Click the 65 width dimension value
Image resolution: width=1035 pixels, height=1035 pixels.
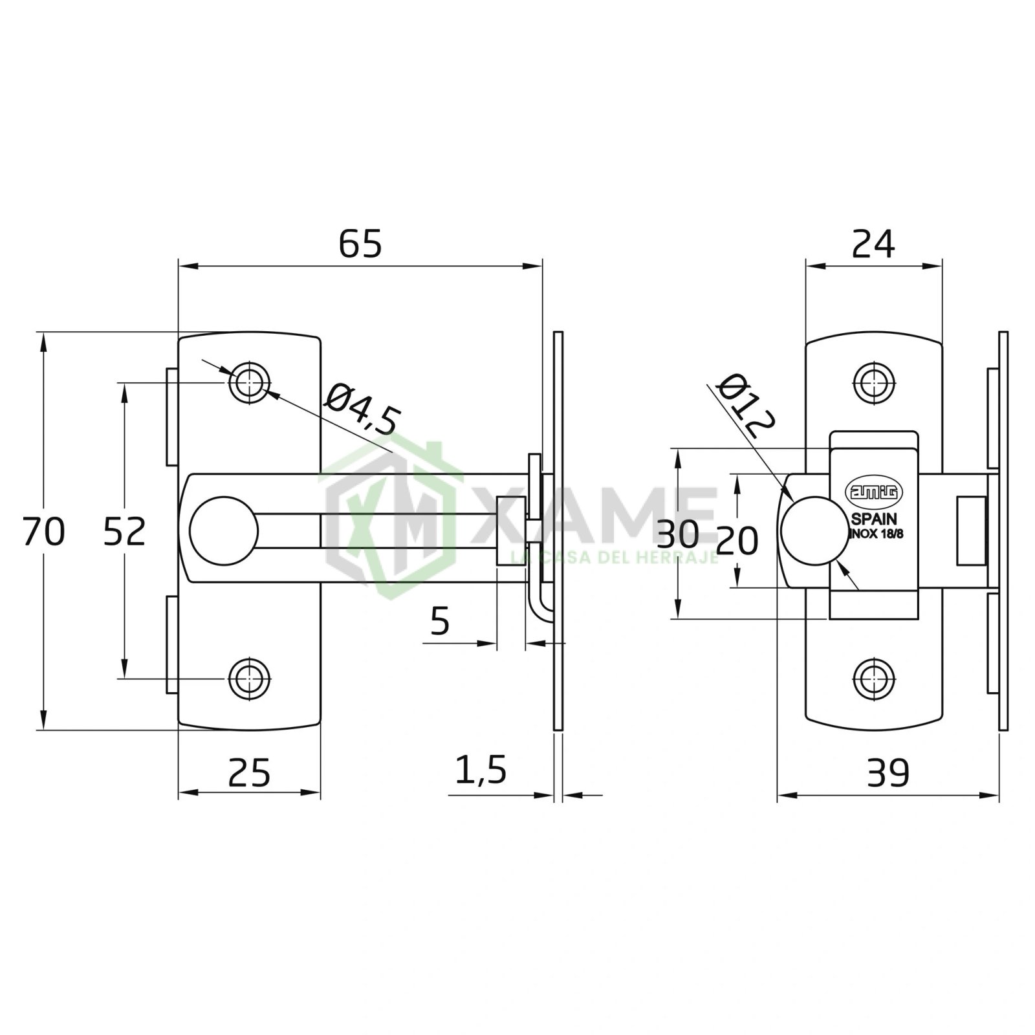point(360,244)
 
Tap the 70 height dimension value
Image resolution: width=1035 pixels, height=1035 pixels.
point(43,532)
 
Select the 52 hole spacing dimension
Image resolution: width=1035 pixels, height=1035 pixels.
point(125,532)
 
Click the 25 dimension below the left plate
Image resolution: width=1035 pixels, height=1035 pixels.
point(249,772)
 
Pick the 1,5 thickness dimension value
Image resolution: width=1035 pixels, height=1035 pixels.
point(480,770)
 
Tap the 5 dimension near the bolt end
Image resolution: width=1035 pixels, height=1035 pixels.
point(439,622)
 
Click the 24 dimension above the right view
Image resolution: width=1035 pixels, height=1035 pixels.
point(873,244)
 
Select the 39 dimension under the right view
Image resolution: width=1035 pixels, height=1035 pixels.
point(888,772)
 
